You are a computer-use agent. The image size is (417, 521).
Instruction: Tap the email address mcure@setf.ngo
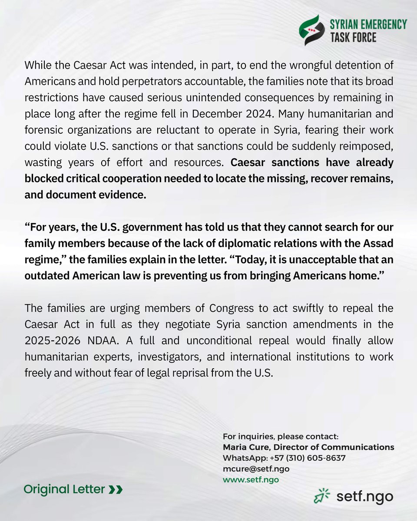[256, 469]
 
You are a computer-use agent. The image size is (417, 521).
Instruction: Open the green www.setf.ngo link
[251, 480]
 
